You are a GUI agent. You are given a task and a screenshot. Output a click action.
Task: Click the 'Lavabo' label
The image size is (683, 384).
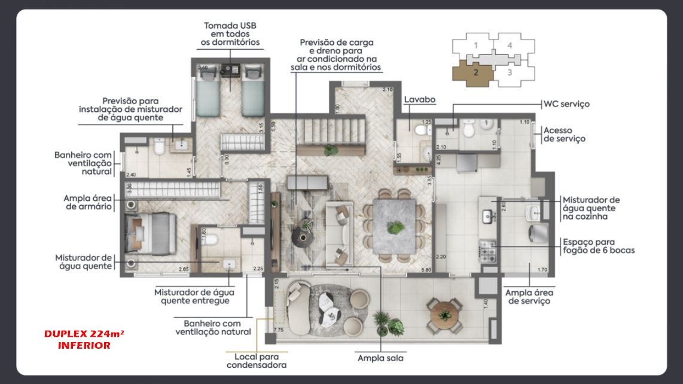pyautogui.click(x=419, y=100)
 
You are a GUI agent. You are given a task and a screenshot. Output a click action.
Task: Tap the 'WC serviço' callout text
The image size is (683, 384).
pyautogui.click(x=566, y=104)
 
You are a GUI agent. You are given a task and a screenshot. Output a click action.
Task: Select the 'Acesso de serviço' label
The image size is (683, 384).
pyautogui.click(x=564, y=135)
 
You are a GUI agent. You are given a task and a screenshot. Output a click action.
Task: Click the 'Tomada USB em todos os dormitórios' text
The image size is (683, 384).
pyautogui.click(x=231, y=34)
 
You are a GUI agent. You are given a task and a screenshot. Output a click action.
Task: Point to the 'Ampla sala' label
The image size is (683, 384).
pyautogui.click(x=380, y=358)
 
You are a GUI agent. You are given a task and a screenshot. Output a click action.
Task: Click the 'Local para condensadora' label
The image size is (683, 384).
pyautogui.click(x=256, y=360)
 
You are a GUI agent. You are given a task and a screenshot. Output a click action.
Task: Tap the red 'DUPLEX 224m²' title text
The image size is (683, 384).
pyautogui.click(x=83, y=334)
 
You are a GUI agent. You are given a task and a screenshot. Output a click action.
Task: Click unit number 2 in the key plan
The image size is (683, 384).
pyautogui.click(x=475, y=73)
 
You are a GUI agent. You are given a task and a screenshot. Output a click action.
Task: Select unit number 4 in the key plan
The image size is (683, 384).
pyautogui.click(x=510, y=45)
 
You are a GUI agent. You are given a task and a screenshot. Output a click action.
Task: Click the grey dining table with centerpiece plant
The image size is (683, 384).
pyautogui.click(x=395, y=227)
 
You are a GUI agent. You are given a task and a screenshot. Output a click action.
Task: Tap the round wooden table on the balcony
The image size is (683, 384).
pyautogui.click(x=443, y=312)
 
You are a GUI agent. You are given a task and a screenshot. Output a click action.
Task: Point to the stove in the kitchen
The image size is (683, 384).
pyautogui.click(x=487, y=251)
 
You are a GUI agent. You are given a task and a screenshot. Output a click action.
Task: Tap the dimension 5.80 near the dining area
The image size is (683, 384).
pyautogui.click(x=426, y=270)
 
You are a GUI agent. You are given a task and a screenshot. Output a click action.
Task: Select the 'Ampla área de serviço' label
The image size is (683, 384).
pyautogui.click(x=529, y=297)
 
